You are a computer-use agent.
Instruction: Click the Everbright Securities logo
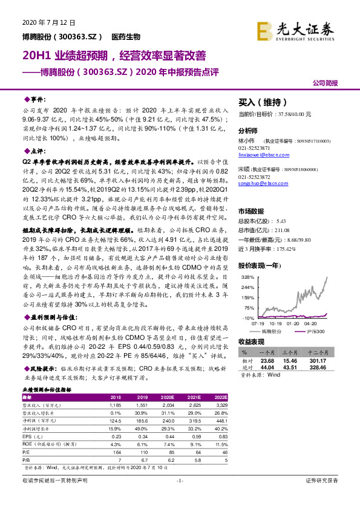pyautogui.click(x=296, y=30)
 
